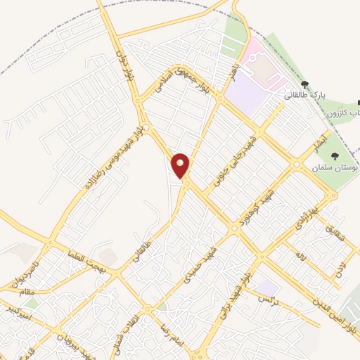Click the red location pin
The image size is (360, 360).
tap(181, 166)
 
